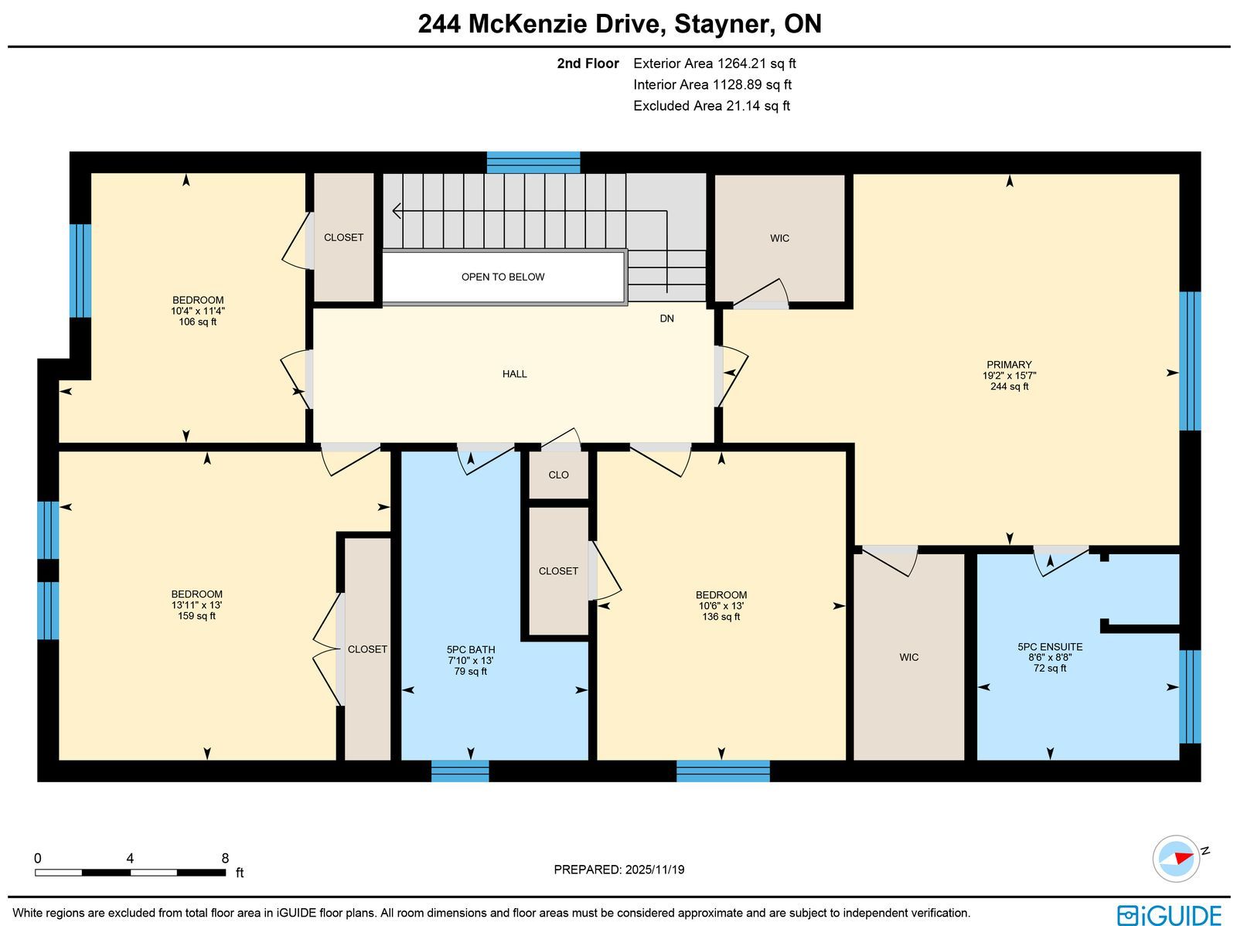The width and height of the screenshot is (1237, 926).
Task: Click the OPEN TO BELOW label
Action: [503, 277]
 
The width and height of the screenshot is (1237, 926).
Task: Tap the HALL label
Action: [515, 374]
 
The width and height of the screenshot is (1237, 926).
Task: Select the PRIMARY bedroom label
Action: [1009, 365]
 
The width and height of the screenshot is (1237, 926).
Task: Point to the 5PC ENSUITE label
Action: [1050, 647]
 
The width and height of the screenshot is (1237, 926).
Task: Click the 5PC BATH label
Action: [471, 649]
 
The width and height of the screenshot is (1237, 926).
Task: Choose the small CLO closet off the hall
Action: [558, 475]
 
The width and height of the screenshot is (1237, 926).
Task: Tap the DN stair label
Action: [666, 318]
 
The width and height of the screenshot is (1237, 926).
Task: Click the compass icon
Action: [1176, 859]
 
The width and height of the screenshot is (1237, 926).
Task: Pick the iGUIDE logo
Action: [1169, 914]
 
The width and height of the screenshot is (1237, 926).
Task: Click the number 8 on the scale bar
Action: [225, 859]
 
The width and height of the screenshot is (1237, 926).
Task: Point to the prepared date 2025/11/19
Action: [654, 870]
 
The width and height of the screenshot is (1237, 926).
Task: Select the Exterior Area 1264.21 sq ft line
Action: [714, 63]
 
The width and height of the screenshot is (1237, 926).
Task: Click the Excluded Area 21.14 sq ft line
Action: [712, 106]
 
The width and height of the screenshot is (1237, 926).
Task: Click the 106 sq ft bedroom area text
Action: [198, 322]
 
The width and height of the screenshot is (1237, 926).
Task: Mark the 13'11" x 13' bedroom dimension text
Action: [196, 605]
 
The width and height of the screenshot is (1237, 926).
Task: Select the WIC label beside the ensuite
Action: [909, 657]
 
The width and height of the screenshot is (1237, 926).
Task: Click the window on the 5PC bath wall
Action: [460, 771]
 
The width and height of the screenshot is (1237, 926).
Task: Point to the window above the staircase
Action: [533, 162]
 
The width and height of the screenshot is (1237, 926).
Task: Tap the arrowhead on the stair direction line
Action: [396, 211]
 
